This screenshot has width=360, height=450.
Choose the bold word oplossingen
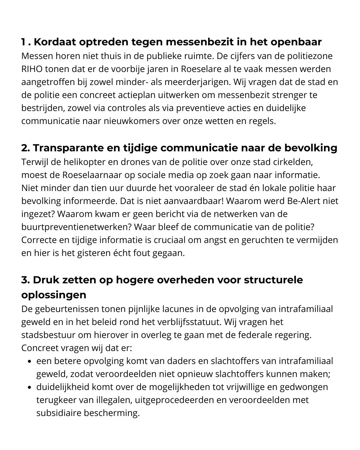[54, 295]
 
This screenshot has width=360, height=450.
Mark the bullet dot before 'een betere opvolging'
[30, 361]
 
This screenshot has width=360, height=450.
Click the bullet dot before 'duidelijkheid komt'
[30, 387]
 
